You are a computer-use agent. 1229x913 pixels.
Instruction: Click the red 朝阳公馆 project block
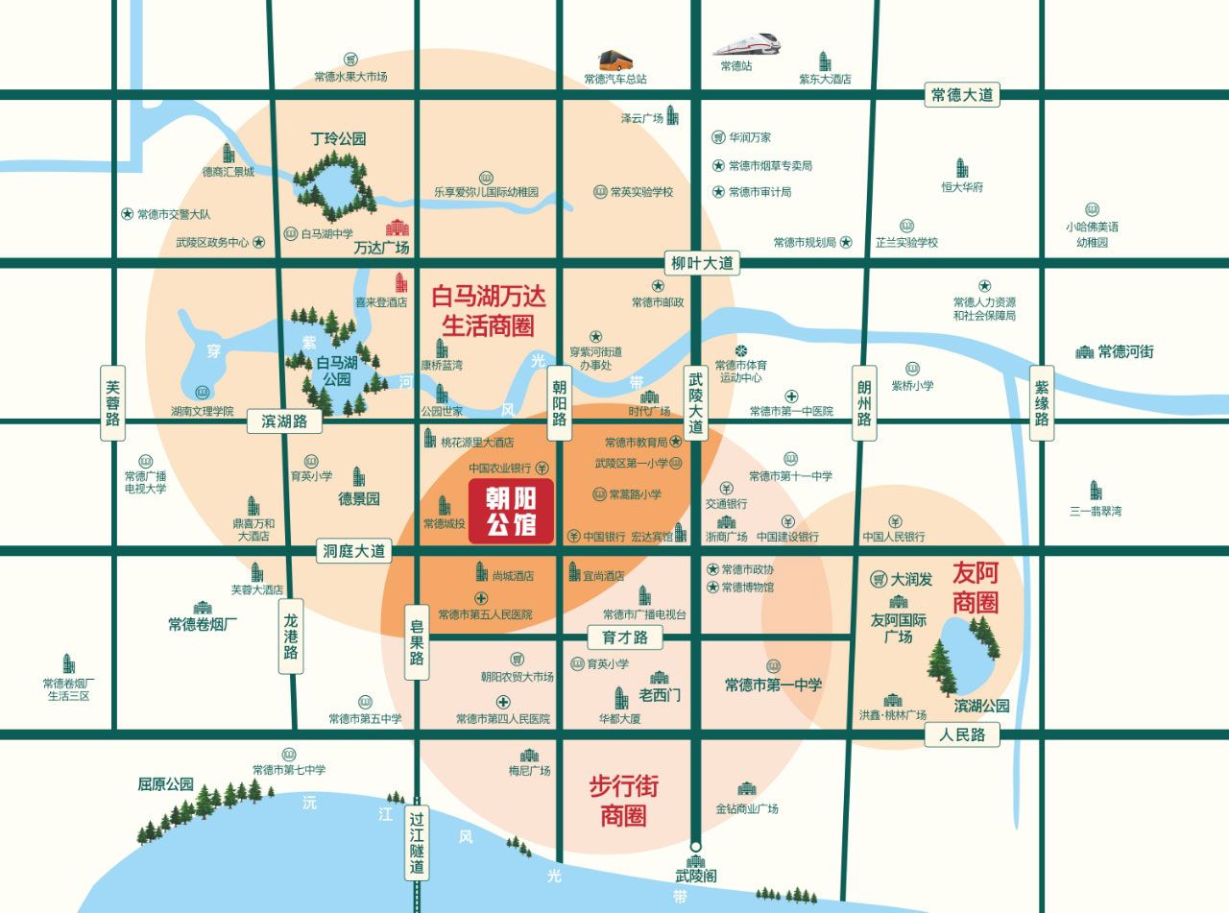pos(511,513)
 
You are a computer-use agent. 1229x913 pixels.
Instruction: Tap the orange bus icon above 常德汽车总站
pos(615,60)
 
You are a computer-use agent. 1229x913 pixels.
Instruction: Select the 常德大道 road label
pos(963,95)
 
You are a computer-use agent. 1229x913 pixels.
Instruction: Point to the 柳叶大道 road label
pos(702,262)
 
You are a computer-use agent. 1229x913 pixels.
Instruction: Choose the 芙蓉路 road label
pos(113,402)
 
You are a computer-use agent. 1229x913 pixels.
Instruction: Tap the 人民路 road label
pos(963,735)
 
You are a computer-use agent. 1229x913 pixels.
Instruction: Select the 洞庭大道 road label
pos(354,551)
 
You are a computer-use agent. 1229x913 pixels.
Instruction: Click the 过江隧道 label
pos(416,843)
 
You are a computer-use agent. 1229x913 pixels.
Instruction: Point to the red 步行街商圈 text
pos(623,801)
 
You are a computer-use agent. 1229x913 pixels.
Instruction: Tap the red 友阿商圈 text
pos(975,588)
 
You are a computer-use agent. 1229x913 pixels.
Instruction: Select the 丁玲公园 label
pos(338,139)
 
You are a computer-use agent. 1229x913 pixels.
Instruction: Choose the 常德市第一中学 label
pos(773,685)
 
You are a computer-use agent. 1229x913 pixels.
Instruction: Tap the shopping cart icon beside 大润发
pos(878,580)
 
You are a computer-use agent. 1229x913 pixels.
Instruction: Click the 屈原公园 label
pos(165,784)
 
